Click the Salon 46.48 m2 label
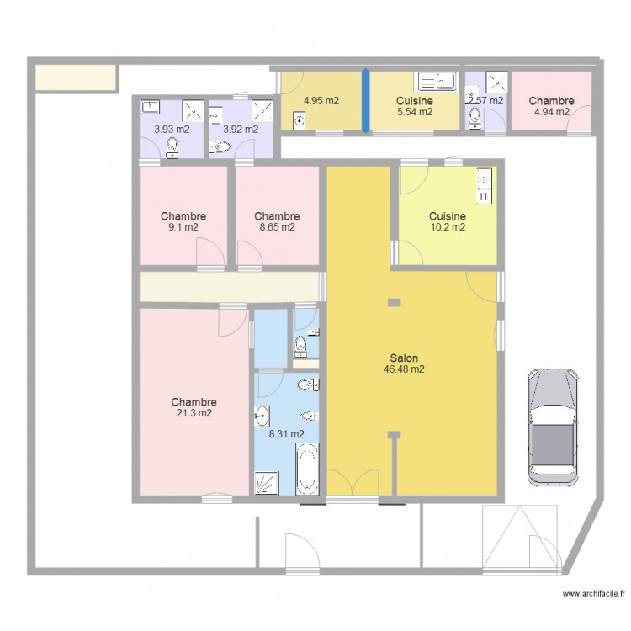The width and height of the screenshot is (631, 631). [x=404, y=363]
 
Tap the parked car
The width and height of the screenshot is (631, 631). [x=553, y=427]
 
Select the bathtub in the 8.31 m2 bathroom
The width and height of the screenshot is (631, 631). [x=307, y=469]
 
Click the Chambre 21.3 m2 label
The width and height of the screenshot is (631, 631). [x=194, y=407]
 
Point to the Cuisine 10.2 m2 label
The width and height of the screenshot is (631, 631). [x=448, y=221]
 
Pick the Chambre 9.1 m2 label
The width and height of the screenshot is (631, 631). [x=183, y=221]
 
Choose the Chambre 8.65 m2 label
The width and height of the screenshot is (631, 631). [x=278, y=221]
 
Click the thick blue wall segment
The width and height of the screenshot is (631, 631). [x=365, y=101]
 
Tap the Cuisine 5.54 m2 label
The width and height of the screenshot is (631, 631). [x=415, y=106]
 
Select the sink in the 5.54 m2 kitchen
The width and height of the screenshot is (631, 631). [x=436, y=82]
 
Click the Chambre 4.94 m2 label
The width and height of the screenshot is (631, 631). [x=552, y=106]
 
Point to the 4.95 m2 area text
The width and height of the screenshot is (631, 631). [x=321, y=101]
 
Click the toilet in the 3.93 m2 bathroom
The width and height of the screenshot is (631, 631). [x=172, y=147]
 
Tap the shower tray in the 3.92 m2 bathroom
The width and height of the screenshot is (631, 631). [x=262, y=111]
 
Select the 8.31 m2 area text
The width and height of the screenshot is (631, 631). [x=287, y=434]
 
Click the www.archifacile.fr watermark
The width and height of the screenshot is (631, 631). [x=594, y=594]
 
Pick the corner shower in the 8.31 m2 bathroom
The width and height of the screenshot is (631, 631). [x=267, y=483]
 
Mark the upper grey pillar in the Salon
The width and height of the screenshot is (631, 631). [x=394, y=303]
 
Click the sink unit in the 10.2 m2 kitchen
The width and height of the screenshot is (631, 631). [x=484, y=186]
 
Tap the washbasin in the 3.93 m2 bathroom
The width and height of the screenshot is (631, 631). [x=150, y=107]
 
